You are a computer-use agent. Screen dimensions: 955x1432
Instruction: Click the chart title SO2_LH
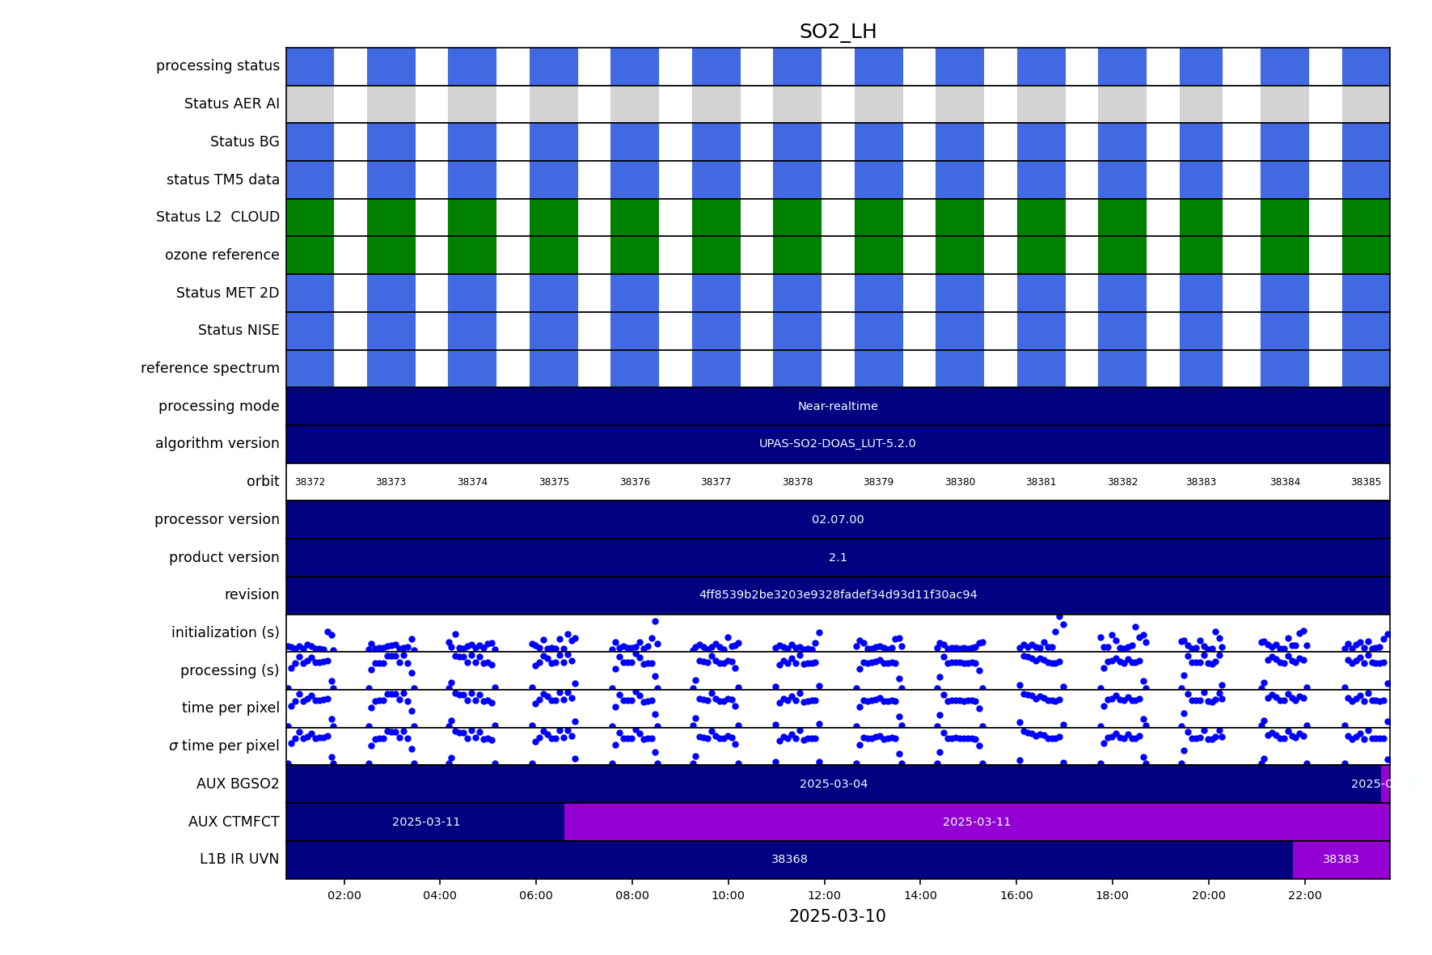coord(838,32)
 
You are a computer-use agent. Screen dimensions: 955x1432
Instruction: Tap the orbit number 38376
coord(635,482)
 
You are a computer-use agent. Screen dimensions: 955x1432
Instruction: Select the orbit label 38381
coord(1041,482)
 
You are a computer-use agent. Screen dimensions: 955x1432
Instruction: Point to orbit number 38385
coord(1366,482)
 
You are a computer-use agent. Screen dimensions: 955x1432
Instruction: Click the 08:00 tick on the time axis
coord(632,895)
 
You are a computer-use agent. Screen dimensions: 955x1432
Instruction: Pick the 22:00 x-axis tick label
coord(1304,895)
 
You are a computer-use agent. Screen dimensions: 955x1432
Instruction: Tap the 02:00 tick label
coord(344,895)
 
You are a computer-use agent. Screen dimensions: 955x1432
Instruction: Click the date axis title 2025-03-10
coord(838,916)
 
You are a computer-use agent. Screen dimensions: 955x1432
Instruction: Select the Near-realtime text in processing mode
coord(838,407)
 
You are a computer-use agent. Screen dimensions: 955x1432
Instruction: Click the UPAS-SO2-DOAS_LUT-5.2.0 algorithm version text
coord(838,444)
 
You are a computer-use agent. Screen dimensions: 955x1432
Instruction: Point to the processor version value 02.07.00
coord(838,520)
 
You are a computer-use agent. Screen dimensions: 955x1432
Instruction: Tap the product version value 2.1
coord(838,558)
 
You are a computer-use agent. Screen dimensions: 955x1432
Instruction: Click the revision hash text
coord(838,595)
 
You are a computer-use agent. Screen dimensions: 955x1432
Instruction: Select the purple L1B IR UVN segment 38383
coord(1341,860)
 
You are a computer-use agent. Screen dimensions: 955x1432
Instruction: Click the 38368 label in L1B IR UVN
coord(789,860)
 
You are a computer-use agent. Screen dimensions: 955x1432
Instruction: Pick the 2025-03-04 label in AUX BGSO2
coord(834,784)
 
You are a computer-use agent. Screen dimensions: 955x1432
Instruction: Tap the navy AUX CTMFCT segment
coord(425,822)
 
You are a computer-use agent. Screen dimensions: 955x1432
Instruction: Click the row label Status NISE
coord(239,331)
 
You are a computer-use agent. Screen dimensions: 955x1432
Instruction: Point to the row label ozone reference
coord(222,256)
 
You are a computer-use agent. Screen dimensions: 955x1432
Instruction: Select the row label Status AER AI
coord(232,104)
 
